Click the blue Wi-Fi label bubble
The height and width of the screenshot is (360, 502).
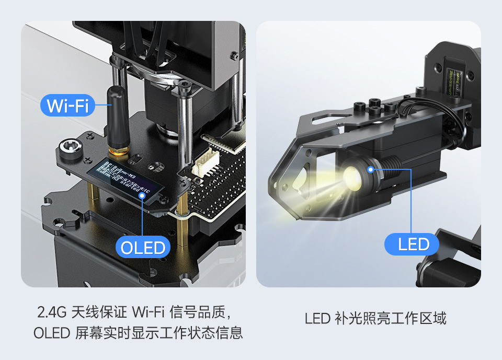[67, 106]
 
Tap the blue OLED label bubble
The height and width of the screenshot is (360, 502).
[143, 247]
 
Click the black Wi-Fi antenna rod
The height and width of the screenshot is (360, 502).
[118, 118]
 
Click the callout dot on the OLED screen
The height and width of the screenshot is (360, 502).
[142, 196]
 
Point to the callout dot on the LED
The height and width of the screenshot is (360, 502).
[371, 169]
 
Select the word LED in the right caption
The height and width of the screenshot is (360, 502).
[317, 318]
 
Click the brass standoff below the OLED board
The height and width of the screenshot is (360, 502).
[182, 230]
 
